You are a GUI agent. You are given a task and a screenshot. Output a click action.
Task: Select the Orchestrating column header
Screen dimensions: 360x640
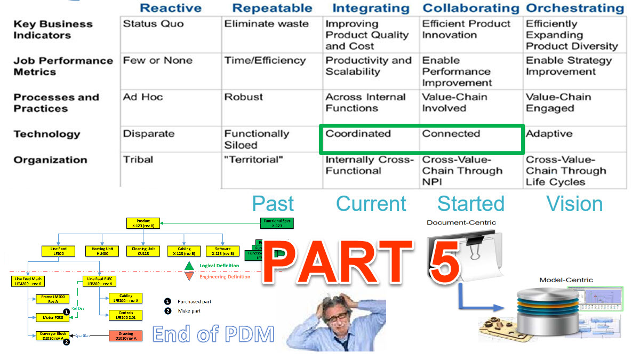[x=575, y=8]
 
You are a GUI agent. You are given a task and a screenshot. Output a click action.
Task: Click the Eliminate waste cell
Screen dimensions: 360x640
[x=266, y=24]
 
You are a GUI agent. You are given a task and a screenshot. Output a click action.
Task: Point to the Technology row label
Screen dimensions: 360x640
[x=46, y=134]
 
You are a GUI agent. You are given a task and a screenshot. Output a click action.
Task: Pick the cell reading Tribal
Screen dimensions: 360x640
[x=138, y=160]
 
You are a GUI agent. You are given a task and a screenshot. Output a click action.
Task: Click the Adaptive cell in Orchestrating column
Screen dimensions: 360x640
[x=549, y=134]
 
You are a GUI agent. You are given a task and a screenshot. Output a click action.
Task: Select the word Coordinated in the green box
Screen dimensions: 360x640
[x=358, y=134]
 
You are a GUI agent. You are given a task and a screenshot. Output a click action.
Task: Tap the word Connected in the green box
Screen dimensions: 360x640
[x=451, y=134]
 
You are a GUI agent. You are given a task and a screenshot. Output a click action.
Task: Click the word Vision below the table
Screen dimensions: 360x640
[x=575, y=204]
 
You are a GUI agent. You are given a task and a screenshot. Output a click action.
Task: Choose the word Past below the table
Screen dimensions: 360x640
[x=273, y=204]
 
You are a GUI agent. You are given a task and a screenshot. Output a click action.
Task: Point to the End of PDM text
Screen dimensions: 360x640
[x=213, y=334]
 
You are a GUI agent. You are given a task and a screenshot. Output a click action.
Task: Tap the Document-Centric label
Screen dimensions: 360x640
[x=461, y=222]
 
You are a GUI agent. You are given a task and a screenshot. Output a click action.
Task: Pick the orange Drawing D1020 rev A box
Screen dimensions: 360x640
[x=125, y=335]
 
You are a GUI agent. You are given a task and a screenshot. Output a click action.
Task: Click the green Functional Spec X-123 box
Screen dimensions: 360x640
[x=277, y=223]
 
